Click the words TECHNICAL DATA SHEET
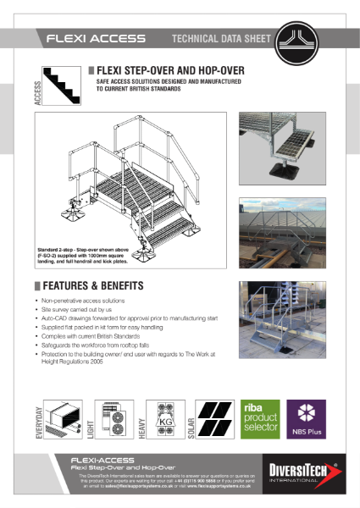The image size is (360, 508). [221, 39]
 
